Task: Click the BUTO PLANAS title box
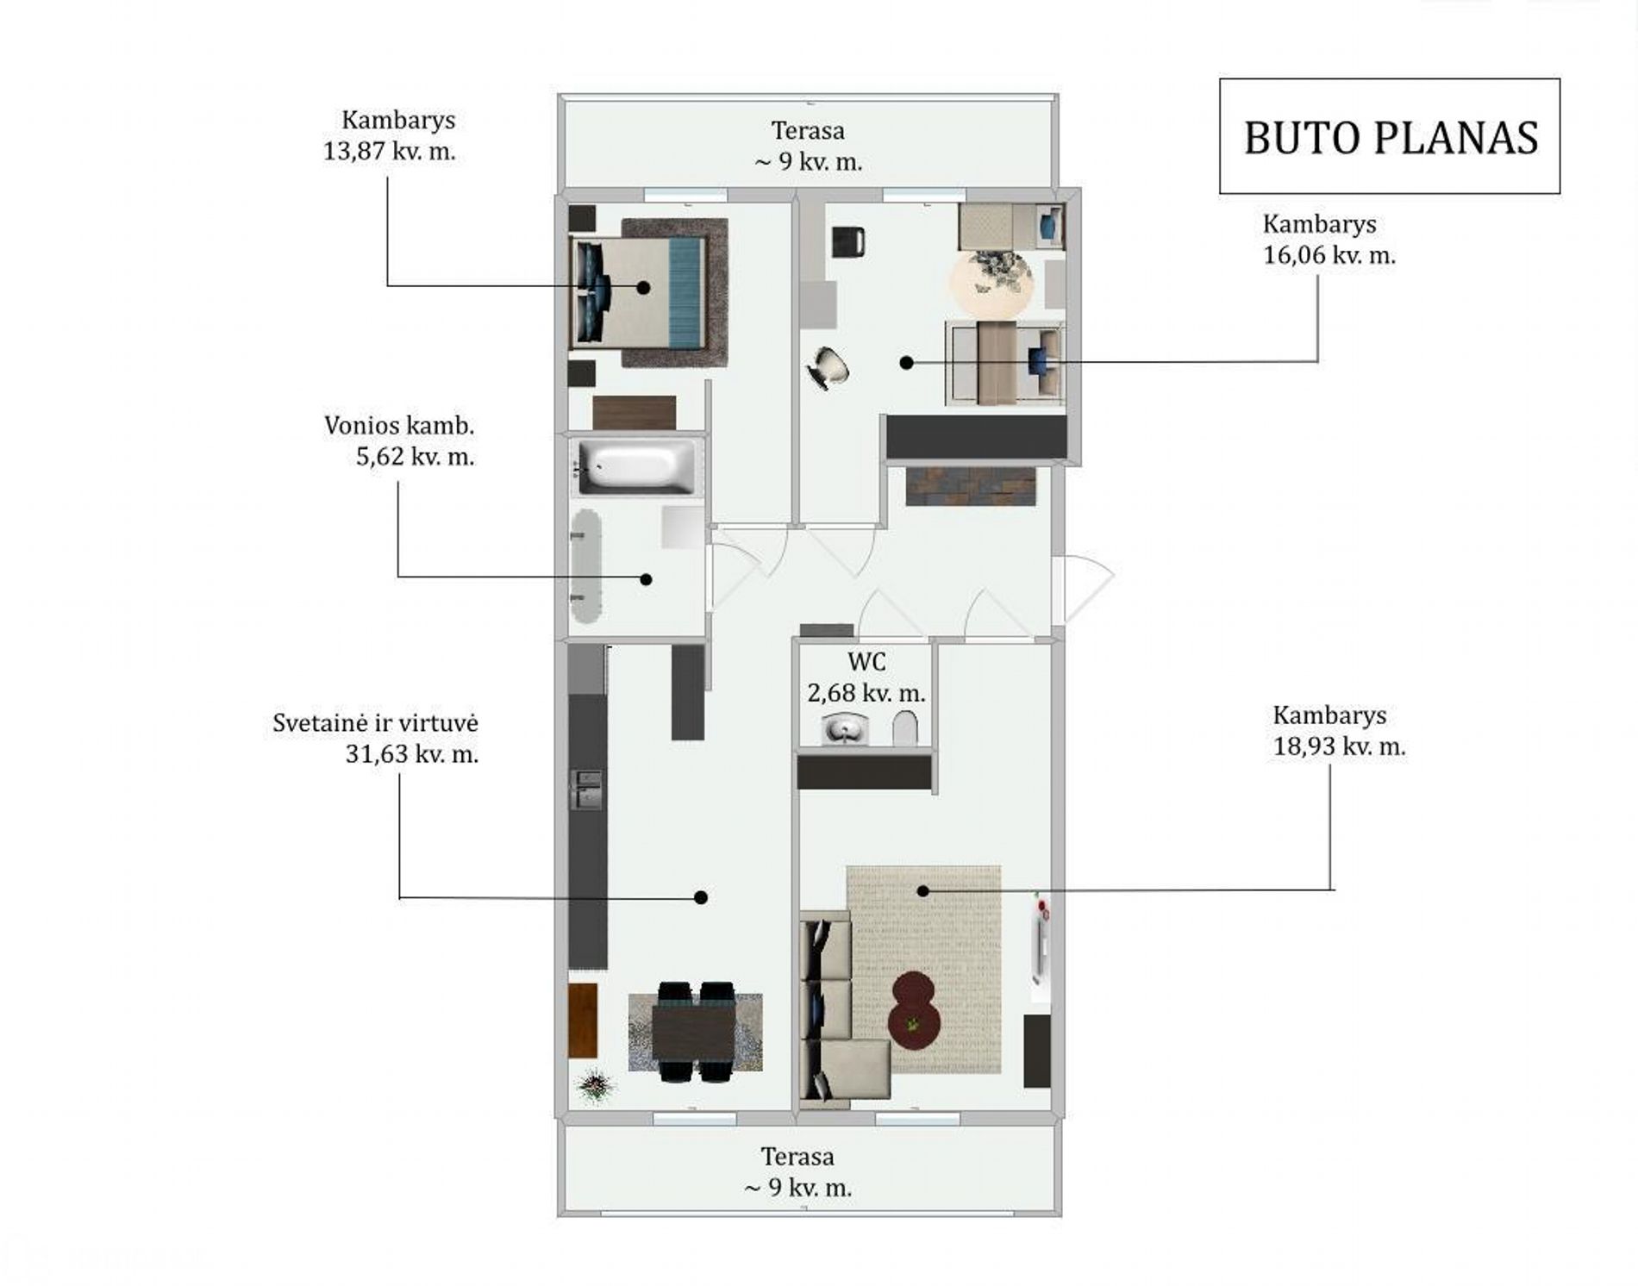point(1389,136)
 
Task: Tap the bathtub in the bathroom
point(636,468)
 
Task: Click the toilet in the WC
point(905,729)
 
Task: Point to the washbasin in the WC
point(846,729)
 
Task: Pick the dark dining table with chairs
point(695,1032)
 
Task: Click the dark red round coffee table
point(915,1010)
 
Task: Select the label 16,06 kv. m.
point(1329,256)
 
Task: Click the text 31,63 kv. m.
point(412,754)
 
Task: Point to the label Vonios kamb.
point(399,425)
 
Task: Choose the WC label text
point(866,662)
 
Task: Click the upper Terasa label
point(808,131)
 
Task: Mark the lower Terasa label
point(797,1156)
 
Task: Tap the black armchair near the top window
point(848,241)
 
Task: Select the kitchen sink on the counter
point(588,790)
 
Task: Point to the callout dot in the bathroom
point(646,579)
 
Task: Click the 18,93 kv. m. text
point(1339,747)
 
